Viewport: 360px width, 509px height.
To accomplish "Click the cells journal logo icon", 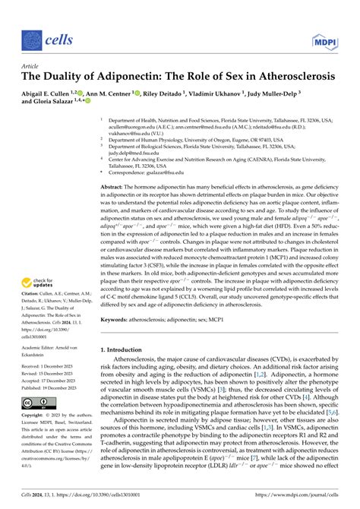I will coord(32,39).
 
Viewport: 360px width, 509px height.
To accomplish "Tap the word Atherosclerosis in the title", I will coord(289,77).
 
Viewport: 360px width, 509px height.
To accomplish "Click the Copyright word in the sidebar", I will coord(33,416).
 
